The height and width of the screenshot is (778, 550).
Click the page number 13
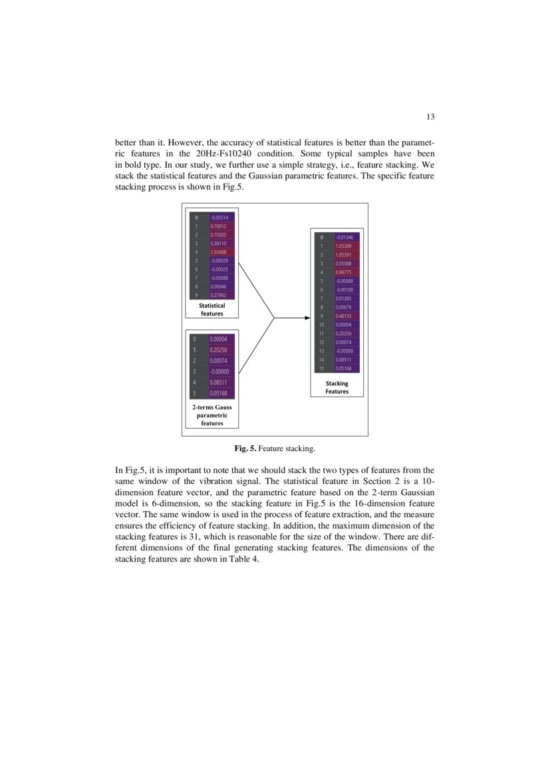[430, 117]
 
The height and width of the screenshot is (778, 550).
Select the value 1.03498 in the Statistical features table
[219, 252]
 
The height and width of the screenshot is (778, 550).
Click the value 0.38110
[218, 244]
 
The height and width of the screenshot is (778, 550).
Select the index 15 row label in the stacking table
[322, 368]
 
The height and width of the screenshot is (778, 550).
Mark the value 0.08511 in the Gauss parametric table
[219, 383]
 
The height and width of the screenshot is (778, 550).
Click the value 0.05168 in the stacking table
[344, 368]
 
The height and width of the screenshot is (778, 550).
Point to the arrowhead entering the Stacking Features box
[307, 318]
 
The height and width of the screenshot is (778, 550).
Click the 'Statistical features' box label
[212, 309]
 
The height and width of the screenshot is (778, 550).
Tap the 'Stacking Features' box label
[337, 387]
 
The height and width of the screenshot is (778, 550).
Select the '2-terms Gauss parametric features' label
[212, 415]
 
